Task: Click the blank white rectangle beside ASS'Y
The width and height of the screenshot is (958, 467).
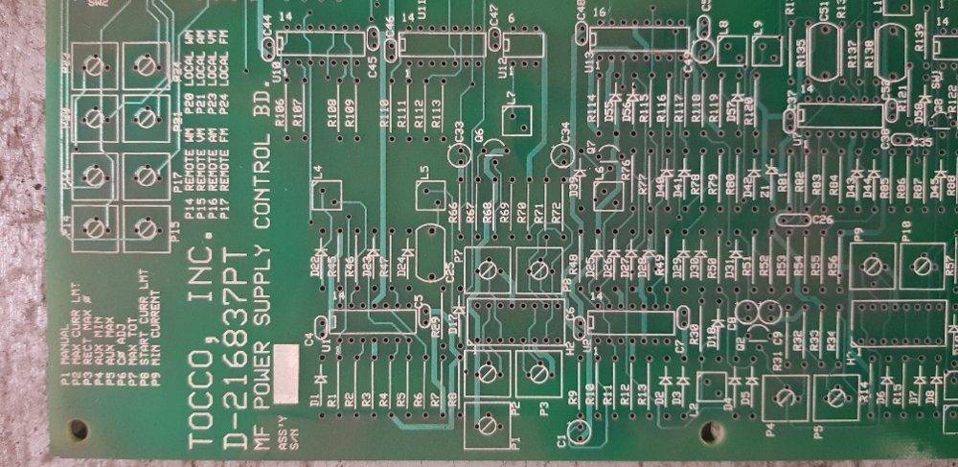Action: [x=285, y=373]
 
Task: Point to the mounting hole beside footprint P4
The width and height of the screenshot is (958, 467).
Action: [x=710, y=431]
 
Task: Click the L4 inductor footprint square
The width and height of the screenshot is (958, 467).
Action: [x=327, y=195]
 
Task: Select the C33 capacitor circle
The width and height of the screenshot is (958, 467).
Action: [x=458, y=156]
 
